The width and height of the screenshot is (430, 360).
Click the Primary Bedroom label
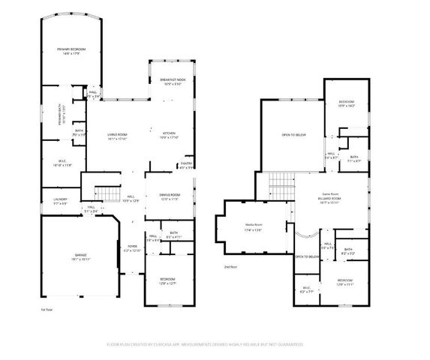coord(68,50)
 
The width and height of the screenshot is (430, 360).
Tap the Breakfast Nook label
coord(173,81)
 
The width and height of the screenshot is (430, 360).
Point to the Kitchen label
coord(170,134)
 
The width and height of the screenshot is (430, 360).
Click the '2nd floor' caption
coord(230,267)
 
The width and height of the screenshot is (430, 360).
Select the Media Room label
coord(253,227)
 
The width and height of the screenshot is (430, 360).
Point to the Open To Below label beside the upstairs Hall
coord(307,256)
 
